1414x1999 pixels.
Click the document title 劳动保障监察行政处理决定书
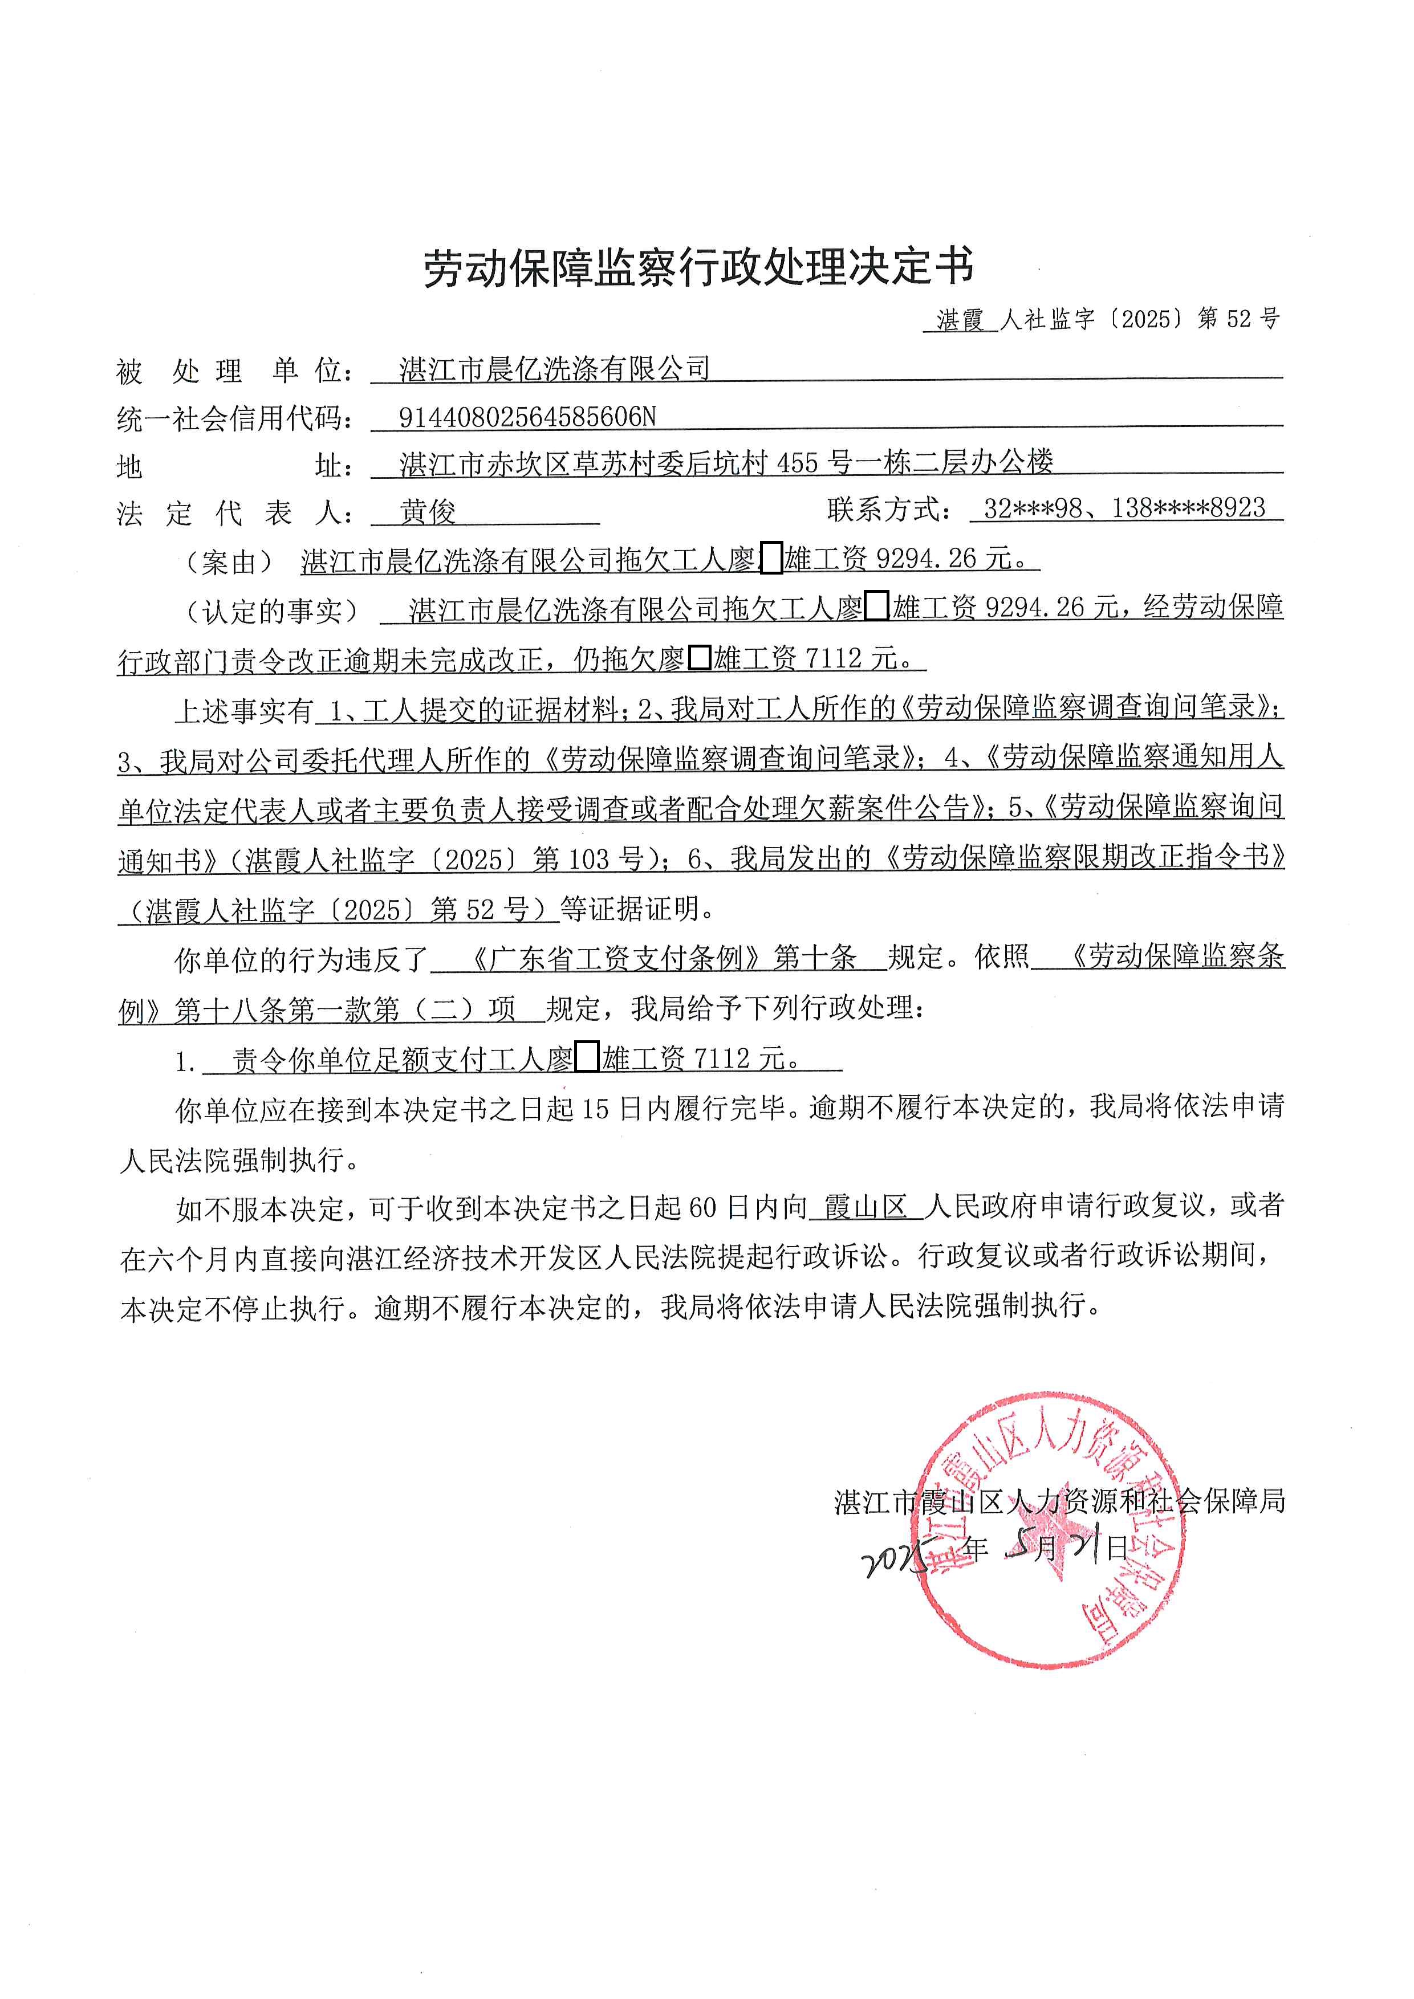698,267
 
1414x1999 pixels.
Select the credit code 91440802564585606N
527,417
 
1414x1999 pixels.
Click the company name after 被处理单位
555,369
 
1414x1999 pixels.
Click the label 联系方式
888,508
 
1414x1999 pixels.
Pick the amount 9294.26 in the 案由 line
927,559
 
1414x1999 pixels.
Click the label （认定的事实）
271,611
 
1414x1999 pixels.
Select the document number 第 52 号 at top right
1238,320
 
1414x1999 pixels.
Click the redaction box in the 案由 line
770,559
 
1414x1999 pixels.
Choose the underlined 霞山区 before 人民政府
866,1207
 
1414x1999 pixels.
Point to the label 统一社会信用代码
235,419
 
